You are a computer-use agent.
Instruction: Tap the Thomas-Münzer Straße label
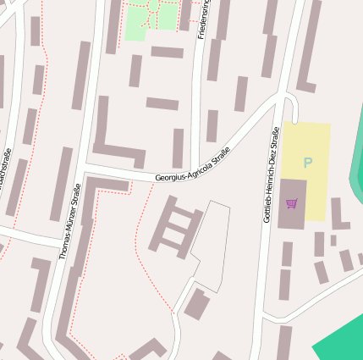[69, 220]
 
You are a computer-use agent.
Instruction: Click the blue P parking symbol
[308, 162]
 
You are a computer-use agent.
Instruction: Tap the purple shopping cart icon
[292, 203]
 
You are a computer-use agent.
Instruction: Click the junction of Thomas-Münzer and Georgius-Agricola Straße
[85, 174]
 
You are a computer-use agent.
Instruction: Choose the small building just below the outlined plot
[197, 303]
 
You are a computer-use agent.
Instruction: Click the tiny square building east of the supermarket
[333, 240]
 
